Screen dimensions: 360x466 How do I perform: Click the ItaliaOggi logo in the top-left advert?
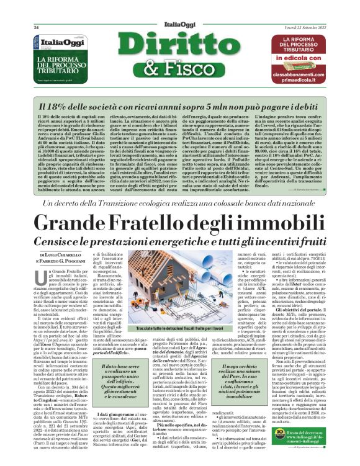(x=46, y=44)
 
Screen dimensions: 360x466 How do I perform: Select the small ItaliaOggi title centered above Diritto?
(x=180, y=25)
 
